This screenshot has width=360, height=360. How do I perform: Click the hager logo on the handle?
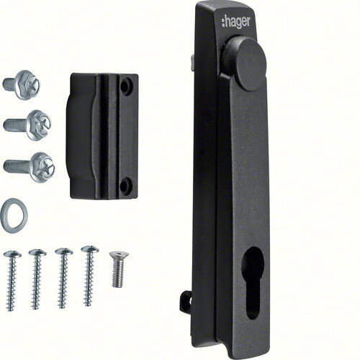coord(235,22)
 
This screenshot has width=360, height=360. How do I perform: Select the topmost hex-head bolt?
coord(21,85)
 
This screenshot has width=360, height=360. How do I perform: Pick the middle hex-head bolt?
coord(27,125)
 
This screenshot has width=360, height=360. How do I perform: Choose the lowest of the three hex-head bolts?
coord(29,167)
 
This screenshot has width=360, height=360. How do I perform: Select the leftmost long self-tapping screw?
coord(12,281)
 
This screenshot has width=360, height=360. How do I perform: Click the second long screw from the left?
coord(37,279)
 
